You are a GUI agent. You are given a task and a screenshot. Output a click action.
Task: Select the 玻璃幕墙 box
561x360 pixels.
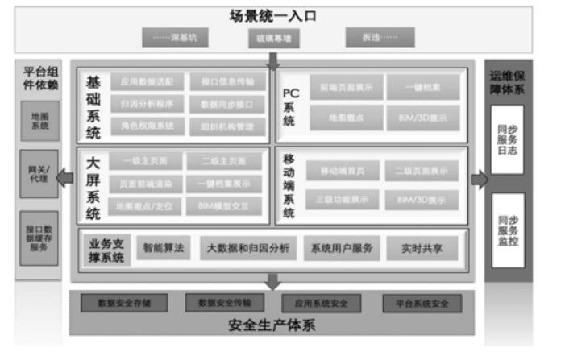coord(275,38)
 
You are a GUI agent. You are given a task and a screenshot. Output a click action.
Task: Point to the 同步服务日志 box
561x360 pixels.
coord(508,139)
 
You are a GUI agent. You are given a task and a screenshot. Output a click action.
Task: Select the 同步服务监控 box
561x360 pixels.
coord(508,229)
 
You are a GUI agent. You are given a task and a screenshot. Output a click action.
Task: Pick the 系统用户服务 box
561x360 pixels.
coord(341,249)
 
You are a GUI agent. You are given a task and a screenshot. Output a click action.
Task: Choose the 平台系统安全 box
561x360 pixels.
coord(422,304)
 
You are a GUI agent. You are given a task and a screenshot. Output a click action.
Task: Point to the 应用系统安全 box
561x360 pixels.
coord(326,304)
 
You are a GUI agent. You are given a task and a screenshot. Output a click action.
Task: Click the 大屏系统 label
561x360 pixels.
coord(93,186)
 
